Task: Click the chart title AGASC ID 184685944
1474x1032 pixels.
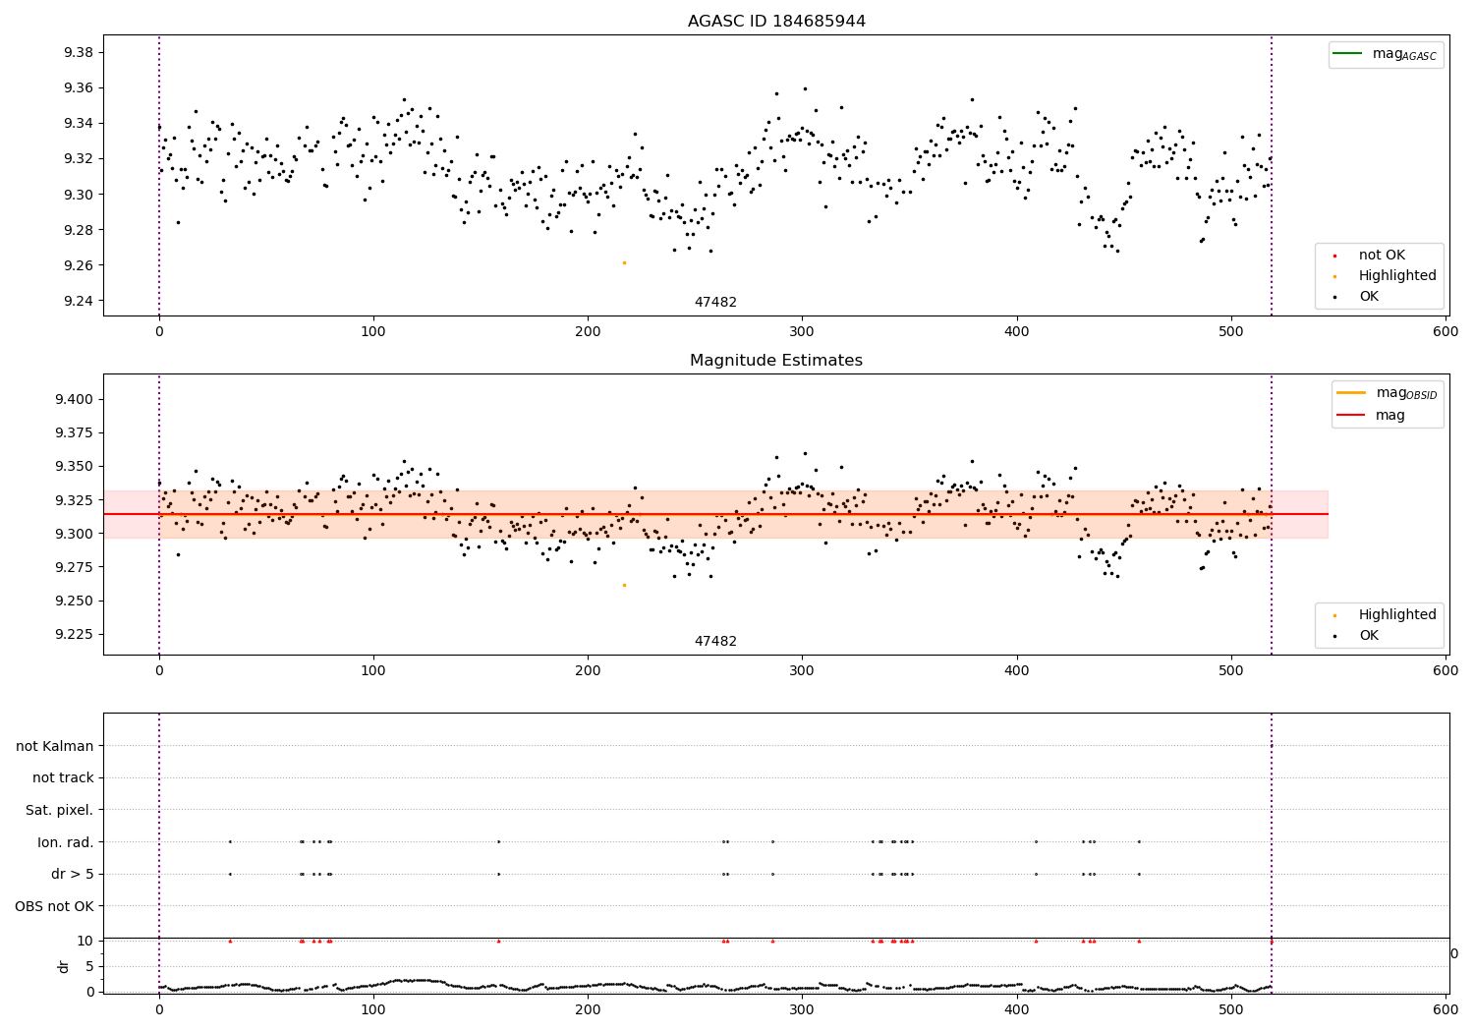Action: (776, 22)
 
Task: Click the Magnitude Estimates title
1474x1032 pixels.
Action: (776, 361)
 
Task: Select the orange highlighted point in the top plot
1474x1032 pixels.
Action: (624, 262)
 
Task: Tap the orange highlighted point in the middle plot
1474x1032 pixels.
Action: (624, 585)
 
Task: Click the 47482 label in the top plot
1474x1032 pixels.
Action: (715, 303)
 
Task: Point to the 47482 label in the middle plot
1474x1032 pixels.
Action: (715, 642)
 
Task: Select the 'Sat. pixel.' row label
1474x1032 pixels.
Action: (59, 810)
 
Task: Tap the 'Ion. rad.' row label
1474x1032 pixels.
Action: (65, 842)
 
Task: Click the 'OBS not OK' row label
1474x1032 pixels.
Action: (54, 906)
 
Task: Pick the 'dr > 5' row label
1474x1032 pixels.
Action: (73, 874)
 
